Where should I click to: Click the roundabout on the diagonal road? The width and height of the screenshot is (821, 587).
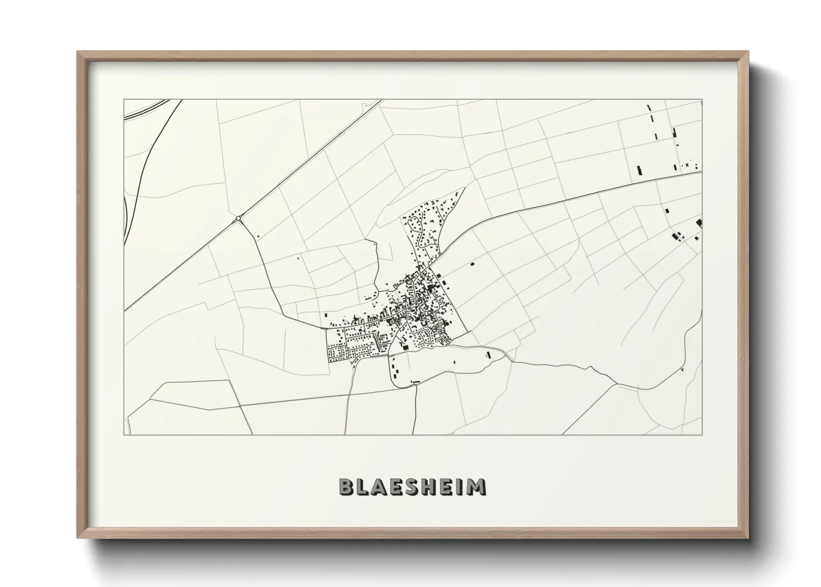[239, 219]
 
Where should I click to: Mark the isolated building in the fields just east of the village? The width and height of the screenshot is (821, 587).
[473, 265]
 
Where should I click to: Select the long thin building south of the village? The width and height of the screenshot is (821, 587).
[415, 382]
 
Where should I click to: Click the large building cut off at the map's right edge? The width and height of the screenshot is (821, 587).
[698, 224]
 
